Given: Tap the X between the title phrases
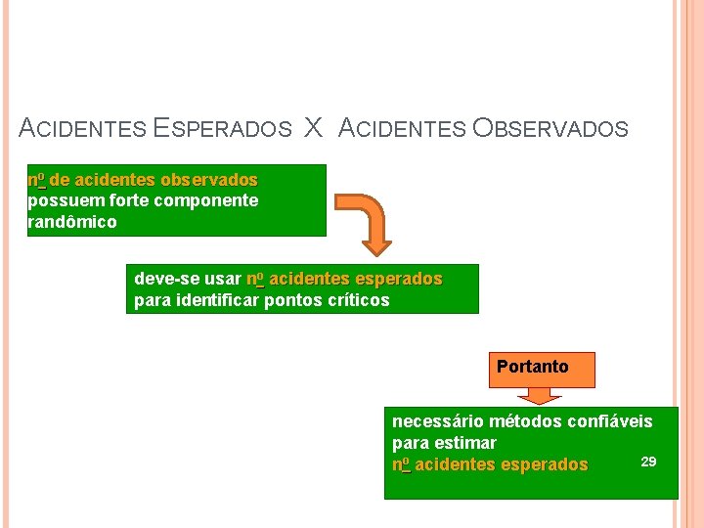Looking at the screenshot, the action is tap(313, 127).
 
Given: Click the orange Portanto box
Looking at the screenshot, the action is tap(532, 368).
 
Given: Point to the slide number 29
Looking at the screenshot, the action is tap(648, 461).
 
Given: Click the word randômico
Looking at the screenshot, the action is tap(72, 222).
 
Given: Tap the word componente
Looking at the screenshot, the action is tap(212, 200).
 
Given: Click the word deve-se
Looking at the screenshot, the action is tap(161, 279).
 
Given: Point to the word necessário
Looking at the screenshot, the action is tap(433, 421).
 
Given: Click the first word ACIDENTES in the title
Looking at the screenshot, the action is tap(82, 128).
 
